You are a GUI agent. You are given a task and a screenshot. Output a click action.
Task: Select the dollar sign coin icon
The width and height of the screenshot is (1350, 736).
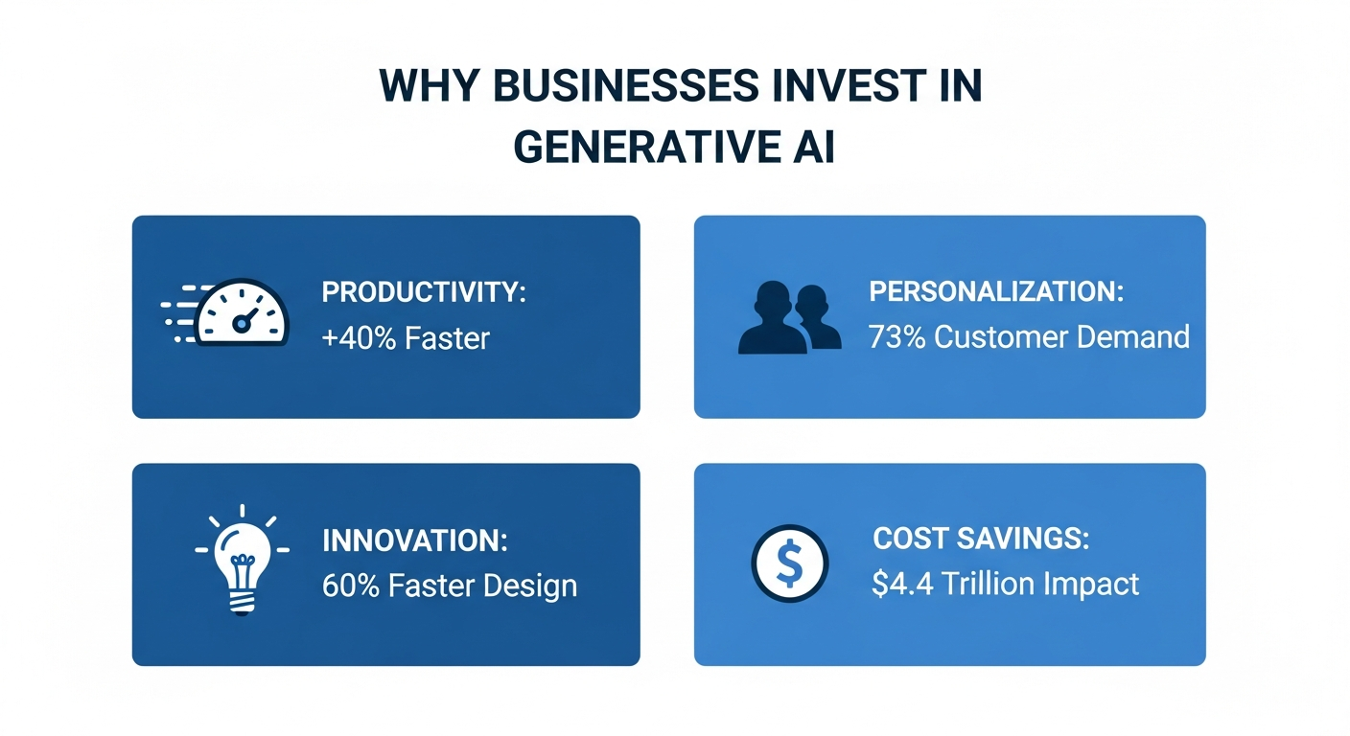tap(788, 564)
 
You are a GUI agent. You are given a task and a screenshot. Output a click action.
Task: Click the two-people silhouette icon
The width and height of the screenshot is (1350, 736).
tap(790, 317)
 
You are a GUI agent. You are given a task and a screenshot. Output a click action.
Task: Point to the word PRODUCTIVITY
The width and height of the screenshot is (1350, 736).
tap(423, 292)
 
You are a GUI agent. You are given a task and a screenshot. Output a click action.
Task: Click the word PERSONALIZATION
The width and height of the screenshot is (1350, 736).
tap(995, 291)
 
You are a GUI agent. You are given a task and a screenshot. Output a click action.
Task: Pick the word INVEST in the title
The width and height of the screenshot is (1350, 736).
tap(824, 87)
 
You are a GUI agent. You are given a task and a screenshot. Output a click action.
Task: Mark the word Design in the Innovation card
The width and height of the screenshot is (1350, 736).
tap(530, 586)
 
